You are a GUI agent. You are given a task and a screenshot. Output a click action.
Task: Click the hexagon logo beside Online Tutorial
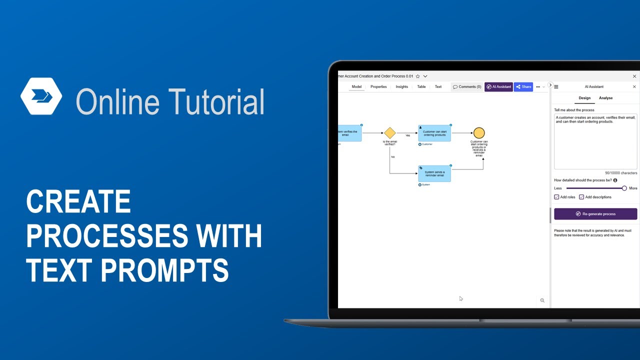pos(41,96)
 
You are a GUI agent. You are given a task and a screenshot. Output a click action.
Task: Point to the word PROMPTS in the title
pos(164,270)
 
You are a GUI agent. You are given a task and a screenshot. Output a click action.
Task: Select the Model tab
pos(356,86)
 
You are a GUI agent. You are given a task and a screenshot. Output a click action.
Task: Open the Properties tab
pos(378,86)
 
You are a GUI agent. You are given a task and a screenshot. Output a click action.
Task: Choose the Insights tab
pos(402,86)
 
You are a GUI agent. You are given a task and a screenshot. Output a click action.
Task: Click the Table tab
pos(421,86)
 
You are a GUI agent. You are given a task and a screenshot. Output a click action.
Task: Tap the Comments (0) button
pos(467,86)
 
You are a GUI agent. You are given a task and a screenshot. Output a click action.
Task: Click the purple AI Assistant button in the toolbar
pos(499,86)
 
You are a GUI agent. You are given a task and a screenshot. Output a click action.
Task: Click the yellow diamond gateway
pos(390,133)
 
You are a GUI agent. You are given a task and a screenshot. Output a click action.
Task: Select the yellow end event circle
pos(479,133)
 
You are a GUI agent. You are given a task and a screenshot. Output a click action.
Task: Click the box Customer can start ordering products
pos(434,133)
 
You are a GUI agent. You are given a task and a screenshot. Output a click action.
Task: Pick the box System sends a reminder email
pos(434,173)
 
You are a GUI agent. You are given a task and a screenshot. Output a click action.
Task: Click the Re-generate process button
pos(595,214)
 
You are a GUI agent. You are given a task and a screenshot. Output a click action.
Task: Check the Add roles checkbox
pos(556,197)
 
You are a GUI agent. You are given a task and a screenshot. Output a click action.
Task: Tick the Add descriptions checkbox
pos(581,197)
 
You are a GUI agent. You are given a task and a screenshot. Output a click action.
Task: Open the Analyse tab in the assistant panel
pos(605,98)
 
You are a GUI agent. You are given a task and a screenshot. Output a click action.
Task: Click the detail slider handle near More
pos(624,188)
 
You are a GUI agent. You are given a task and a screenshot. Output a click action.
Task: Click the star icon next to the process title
pos(418,76)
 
